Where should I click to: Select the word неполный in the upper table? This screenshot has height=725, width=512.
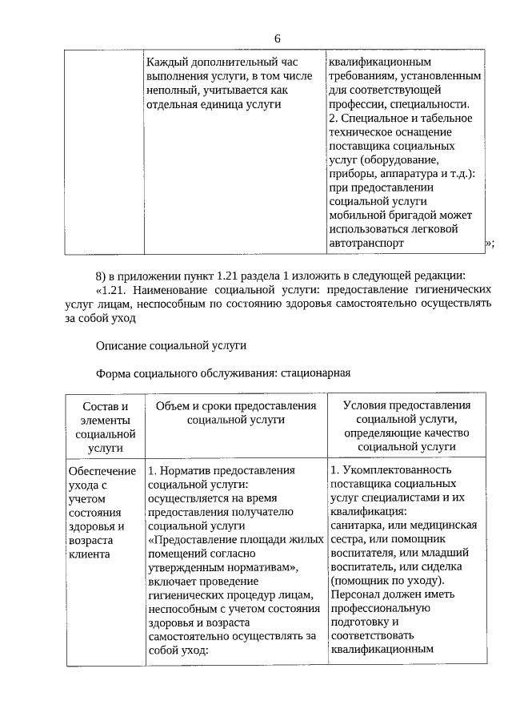(171, 91)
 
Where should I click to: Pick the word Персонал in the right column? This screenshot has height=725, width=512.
(353, 594)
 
